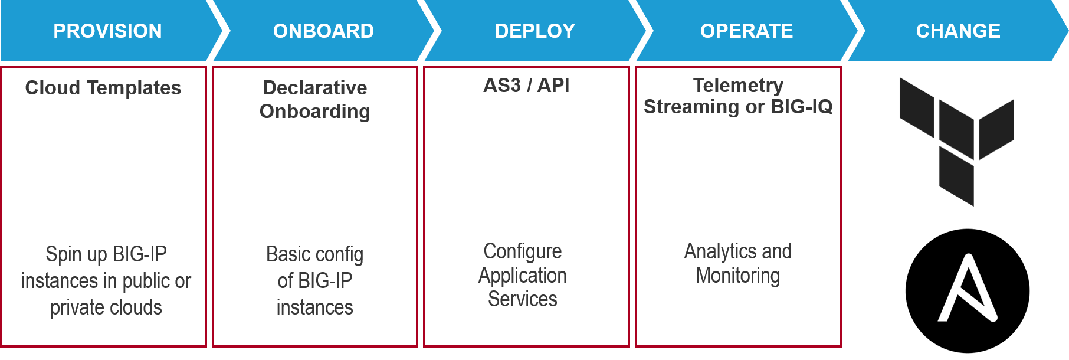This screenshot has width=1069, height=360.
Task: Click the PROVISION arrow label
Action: (107, 31)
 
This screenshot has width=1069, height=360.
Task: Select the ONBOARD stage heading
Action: (323, 31)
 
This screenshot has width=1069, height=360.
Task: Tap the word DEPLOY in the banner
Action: (534, 31)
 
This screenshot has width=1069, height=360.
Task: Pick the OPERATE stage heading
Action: (746, 31)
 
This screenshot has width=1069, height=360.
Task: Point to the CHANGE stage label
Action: (957, 31)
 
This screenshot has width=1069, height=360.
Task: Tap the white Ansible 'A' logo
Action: (968, 289)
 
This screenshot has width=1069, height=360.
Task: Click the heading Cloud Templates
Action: (103, 88)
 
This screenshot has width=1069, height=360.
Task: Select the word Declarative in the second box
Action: (314, 88)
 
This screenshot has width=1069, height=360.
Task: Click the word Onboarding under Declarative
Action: (314, 112)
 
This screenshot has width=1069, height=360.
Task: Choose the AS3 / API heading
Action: (526, 86)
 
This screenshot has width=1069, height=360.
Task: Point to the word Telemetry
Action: (737, 86)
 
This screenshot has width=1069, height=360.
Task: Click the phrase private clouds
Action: (106, 307)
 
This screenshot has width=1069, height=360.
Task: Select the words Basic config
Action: (314, 254)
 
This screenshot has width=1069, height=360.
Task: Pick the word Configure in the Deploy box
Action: (523, 251)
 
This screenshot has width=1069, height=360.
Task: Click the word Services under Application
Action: (523, 299)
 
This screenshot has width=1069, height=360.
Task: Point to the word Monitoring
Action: (737, 276)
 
